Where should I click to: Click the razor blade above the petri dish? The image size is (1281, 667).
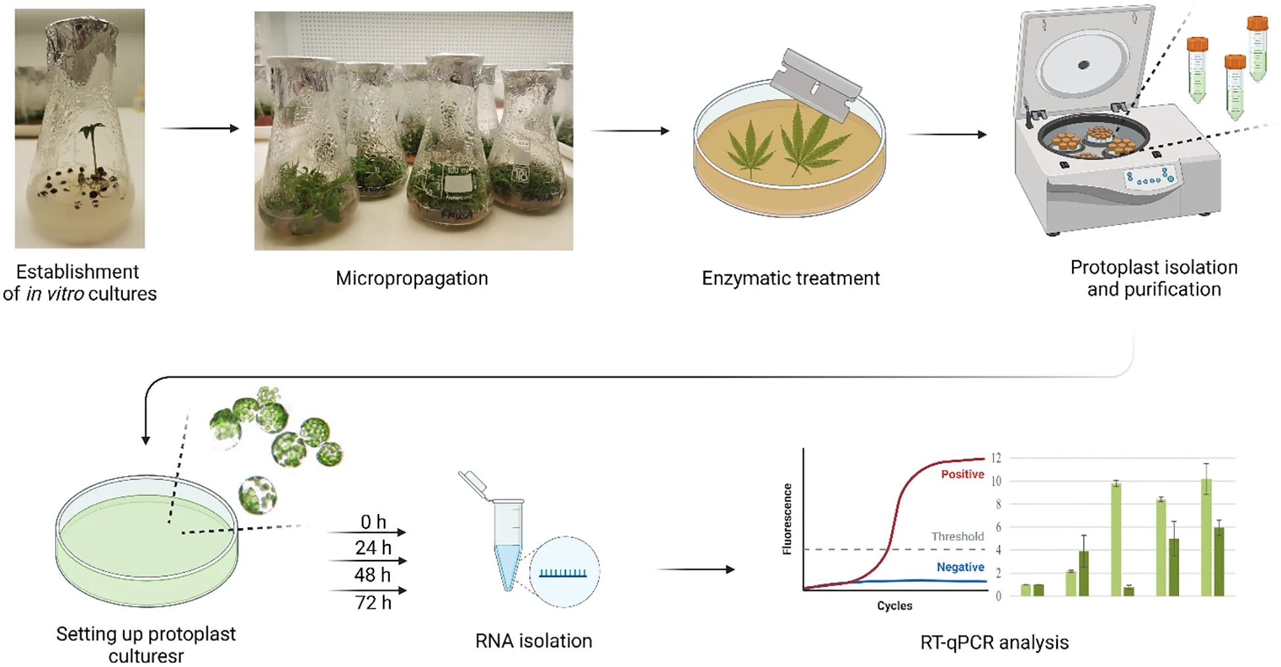[x=816, y=85]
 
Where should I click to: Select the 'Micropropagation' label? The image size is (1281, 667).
[x=412, y=278]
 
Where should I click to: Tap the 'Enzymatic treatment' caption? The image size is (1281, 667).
[x=791, y=278]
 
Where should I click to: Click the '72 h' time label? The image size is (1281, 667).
[x=373, y=602]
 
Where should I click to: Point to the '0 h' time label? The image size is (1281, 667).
[x=373, y=522]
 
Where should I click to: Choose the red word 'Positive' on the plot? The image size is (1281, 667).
[x=962, y=474]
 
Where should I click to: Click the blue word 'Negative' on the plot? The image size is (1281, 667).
[x=960, y=567]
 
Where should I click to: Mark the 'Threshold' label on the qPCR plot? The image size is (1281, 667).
[x=958, y=536]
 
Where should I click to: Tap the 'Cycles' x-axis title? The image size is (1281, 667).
[x=895, y=606]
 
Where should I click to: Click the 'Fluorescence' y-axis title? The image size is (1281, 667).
[x=787, y=519]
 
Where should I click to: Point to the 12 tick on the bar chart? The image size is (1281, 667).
[x=996, y=458]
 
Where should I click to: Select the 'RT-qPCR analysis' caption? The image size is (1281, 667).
[x=994, y=643]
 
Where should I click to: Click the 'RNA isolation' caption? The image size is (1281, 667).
[x=534, y=641]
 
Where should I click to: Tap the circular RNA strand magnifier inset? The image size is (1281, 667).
[x=565, y=572]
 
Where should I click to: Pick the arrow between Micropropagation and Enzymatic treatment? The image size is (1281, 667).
[x=630, y=131]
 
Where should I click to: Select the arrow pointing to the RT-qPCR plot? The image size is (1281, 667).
[x=695, y=569]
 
